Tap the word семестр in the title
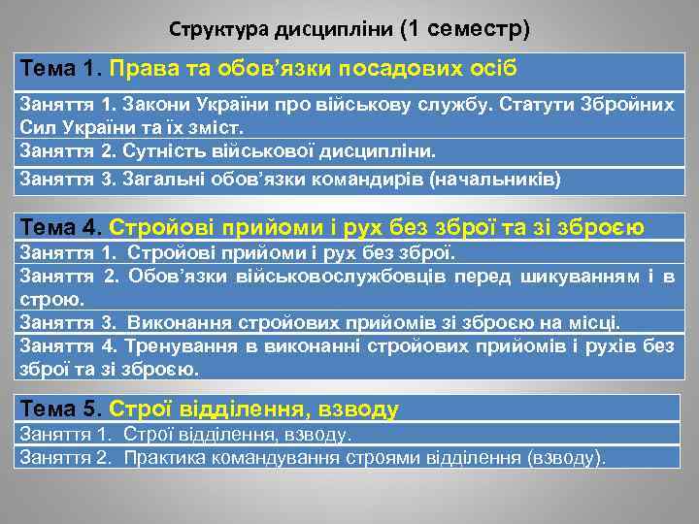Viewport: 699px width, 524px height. tap(481, 28)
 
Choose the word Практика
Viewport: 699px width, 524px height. tap(161, 457)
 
